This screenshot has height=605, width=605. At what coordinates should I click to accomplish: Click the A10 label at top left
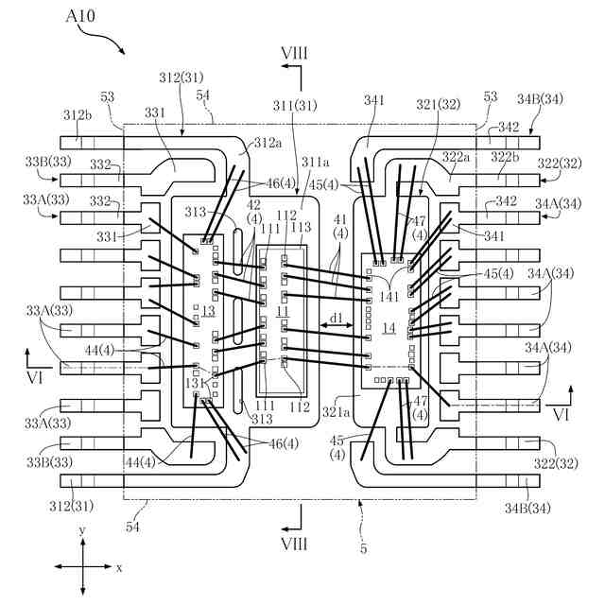click(80, 16)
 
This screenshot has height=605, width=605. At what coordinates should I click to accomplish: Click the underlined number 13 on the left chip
click(208, 311)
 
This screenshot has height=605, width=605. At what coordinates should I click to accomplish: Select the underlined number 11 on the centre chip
click(283, 311)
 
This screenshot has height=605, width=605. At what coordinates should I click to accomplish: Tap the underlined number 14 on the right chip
click(389, 328)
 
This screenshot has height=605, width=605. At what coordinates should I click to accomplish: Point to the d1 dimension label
click(337, 318)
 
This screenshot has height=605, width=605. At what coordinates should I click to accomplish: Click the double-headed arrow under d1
click(337, 326)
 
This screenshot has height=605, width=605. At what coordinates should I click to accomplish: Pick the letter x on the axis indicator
click(119, 567)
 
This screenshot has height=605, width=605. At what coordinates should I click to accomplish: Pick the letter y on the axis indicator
click(82, 530)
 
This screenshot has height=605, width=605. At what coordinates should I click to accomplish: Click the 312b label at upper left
click(78, 114)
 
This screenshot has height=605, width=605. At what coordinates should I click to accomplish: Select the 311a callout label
click(316, 162)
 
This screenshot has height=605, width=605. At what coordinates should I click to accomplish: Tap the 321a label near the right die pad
click(337, 412)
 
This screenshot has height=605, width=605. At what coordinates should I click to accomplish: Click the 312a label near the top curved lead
click(268, 143)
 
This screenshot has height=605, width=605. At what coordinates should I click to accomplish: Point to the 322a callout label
click(456, 157)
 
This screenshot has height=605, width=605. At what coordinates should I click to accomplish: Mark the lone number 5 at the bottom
click(363, 548)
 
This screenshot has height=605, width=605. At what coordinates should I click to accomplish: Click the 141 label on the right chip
click(389, 297)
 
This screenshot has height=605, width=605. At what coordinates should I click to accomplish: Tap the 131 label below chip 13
click(196, 383)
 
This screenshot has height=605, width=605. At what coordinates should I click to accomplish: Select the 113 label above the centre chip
click(301, 227)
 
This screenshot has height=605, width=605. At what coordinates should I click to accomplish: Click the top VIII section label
click(295, 53)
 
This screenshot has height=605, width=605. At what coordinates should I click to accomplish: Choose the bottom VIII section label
click(295, 544)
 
